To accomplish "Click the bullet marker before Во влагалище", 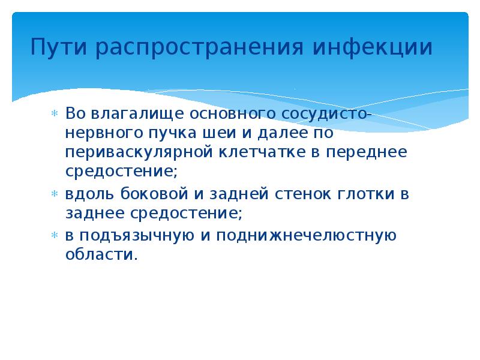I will pyautogui.click(x=53, y=112).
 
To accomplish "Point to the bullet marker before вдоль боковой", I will pyautogui.click(x=53, y=194).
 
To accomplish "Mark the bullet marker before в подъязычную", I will pyautogui.click(x=53, y=235).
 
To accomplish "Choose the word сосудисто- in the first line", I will pyautogui.click(x=331, y=112).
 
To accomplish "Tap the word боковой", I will pyautogui.click(x=145, y=194).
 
